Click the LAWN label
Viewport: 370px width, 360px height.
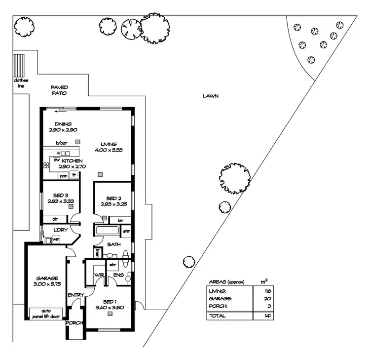(x=210, y=96)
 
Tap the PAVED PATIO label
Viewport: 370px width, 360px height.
(x=59, y=90)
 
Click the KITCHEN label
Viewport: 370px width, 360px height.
(x=72, y=161)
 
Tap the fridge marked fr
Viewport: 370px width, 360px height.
(x=74, y=175)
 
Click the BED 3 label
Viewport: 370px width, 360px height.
(x=61, y=195)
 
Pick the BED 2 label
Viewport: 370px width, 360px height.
(x=113, y=198)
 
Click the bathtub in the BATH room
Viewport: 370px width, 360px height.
(x=107, y=231)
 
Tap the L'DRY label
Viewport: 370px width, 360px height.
(x=61, y=230)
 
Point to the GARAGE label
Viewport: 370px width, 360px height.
(x=47, y=278)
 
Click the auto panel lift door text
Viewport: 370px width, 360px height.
(x=47, y=314)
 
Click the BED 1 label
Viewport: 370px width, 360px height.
(x=110, y=302)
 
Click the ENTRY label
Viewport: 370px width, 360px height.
(x=76, y=295)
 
